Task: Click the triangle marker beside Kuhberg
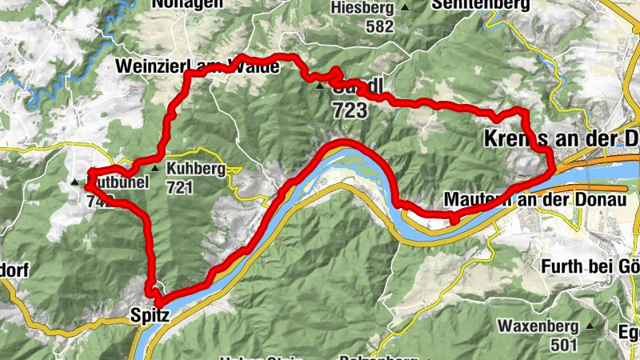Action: pyautogui.click(x=155, y=169)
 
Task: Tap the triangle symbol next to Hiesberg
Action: pyautogui.click(x=405, y=8)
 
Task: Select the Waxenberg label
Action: pyautogui.click(x=538, y=326)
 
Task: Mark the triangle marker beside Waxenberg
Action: pyautogui.click(x=590, y=326)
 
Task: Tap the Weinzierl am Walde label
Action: pyautogui.click(x=197, y=66)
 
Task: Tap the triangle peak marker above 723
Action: pyautogui.click(x=319, y=86)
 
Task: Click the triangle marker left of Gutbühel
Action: pyautogui.click(x=76, y=182)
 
